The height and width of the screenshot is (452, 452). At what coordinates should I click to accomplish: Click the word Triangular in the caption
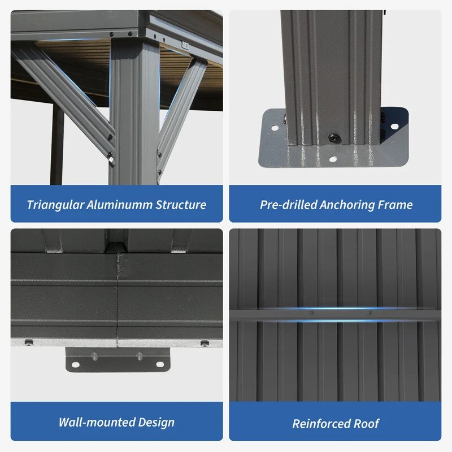click(x=55, y=205)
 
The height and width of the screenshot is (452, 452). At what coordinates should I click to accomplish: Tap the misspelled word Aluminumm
click(x=119, y=205)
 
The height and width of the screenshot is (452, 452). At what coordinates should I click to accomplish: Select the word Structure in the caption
click(x=181, y=205)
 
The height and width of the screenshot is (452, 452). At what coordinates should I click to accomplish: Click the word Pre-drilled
click(x=288, y=205)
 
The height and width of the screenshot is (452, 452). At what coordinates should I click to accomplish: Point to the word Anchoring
click(x=347, y=205)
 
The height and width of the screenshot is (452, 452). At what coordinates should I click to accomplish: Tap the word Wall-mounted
click(x=97, y=422)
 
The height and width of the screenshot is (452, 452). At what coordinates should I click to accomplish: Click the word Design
click(x=157, y=423)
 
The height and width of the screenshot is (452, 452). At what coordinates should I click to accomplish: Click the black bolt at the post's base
click(x=334, y=137)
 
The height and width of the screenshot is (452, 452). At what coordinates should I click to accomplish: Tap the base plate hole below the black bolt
click(x=333, y=159)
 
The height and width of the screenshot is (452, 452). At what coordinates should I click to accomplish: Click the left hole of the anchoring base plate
click(x=275, y=128)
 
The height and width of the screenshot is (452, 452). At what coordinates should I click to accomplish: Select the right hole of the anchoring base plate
click(x=394, y=126)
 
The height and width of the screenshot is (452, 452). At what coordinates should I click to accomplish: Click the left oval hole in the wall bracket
click(x=76, y=365)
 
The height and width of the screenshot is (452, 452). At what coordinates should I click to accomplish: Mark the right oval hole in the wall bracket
click(x=160, y=364)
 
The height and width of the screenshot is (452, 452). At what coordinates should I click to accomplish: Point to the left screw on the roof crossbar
click(x=311, y=313)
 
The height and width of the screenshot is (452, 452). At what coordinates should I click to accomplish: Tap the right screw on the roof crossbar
click(x=370, y=313)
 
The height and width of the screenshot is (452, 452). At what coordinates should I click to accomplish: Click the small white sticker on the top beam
click(x=185, y=45)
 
